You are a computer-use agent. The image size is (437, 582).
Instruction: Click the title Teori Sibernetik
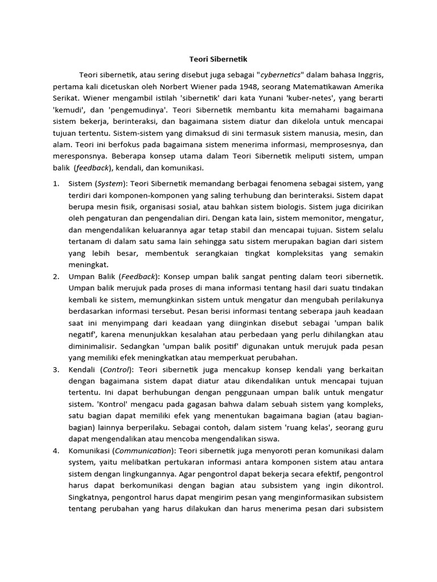(x=218, y=59)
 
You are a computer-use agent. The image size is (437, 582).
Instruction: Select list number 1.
(x=56, y=184)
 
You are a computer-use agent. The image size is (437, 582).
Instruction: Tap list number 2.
(x=56, y=276)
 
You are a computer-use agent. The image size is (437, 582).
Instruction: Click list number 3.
(x=56, y=369)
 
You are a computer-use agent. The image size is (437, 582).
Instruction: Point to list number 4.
(x=56, y=450)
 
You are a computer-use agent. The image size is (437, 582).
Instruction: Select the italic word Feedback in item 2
(x=138, y=276)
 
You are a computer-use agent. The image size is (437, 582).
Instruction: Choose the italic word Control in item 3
(x=116, y=369)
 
